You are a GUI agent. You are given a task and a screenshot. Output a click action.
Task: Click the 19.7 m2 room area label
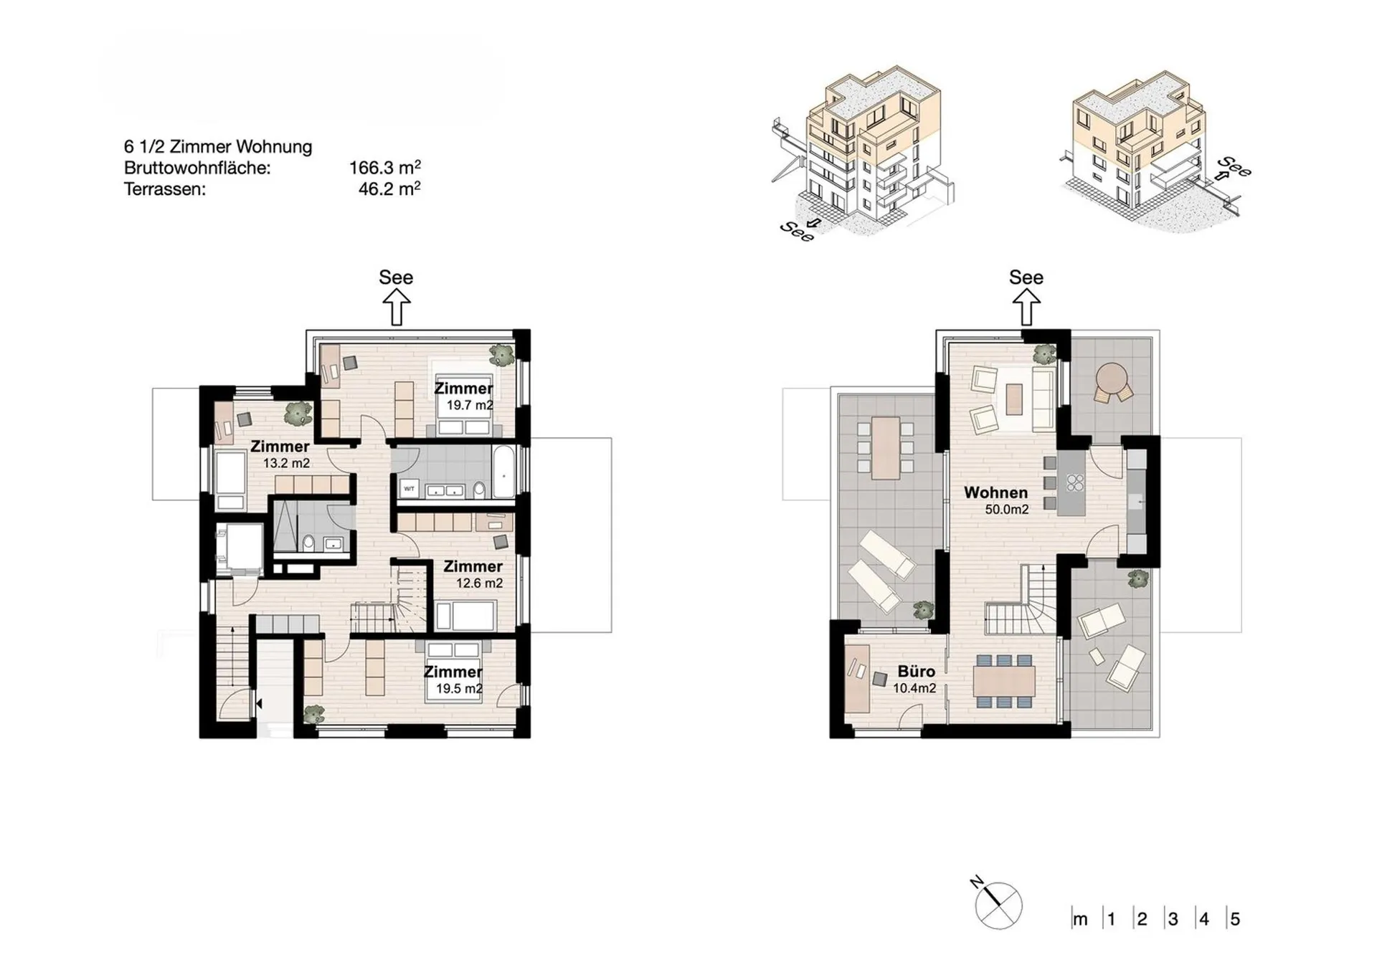[x=470, y=405]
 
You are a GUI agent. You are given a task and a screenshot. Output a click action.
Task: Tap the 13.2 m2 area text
[x=286, y=463]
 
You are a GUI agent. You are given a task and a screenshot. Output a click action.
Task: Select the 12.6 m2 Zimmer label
[x=473, y=574]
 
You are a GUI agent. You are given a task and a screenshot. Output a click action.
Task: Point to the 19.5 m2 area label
[x=459, y=689]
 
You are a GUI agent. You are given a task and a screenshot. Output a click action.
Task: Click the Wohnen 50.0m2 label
[x=996, y=500]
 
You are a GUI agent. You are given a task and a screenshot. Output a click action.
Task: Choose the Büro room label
[x=917, y=672]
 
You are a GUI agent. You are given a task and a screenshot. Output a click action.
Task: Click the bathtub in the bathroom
[x=504, y=472]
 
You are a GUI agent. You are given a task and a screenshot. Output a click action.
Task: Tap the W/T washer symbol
[x=409, y=489]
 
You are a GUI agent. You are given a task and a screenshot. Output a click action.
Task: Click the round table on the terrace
[x=1112, y=379]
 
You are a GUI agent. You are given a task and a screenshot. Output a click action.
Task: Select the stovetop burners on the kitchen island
[x=1075, y=482]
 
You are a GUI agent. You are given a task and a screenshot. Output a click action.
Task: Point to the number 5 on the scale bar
[x=1234, y=919]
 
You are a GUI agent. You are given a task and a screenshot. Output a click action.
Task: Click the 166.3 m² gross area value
[x=384, y=168]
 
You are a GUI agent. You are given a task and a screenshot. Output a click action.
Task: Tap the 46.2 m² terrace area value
[x=389, y=189]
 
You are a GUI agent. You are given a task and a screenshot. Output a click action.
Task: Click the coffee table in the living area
[x=1014, y=399]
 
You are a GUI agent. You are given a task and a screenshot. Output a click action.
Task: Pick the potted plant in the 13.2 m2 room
[x=298, y=414]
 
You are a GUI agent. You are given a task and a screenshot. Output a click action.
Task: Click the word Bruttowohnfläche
[x=197, y=168]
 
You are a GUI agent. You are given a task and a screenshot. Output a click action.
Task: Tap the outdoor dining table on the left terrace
[x=886, y=449]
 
